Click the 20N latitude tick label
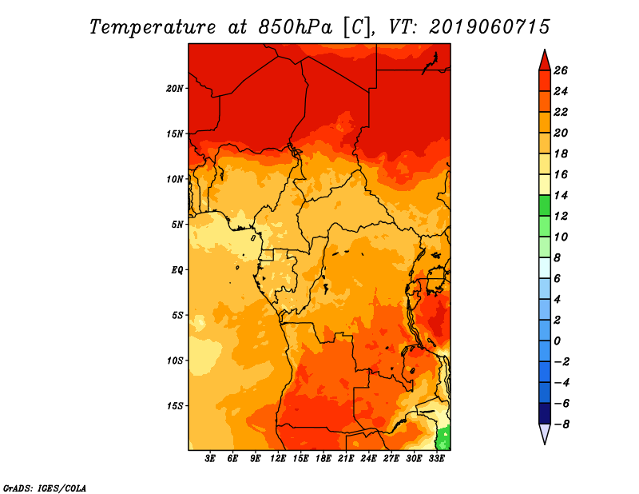(174, 89)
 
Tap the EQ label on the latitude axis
(177, 270)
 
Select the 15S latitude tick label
(174, 406)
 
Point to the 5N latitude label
(177, 225)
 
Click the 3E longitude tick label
(210, 459)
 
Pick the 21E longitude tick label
(346, 459)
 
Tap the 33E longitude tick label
(436, 459)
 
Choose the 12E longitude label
(277, 459)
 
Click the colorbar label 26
(561, 70)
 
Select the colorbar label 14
(561, 195)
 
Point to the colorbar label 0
(557, 341)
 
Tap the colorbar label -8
(562, 424)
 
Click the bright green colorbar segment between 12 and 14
(545, 205)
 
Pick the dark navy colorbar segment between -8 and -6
(545, 413)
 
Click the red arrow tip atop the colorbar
(545, 50)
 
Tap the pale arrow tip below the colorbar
(545, 444)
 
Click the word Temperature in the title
(153, 27)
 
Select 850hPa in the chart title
(296, 27)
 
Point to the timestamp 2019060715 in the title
(490, 27)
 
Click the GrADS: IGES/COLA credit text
(45, 488)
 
